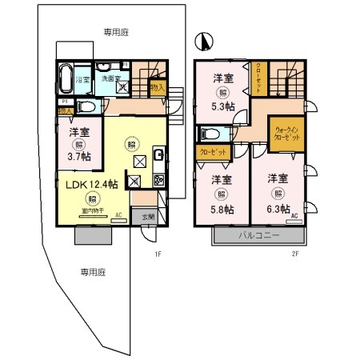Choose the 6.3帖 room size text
point(278,209)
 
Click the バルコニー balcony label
point(257,236)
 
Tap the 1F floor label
point(158,254)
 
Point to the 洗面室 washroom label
point(110,78)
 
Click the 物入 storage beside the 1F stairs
point(157,87)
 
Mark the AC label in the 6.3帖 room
point(294,217)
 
